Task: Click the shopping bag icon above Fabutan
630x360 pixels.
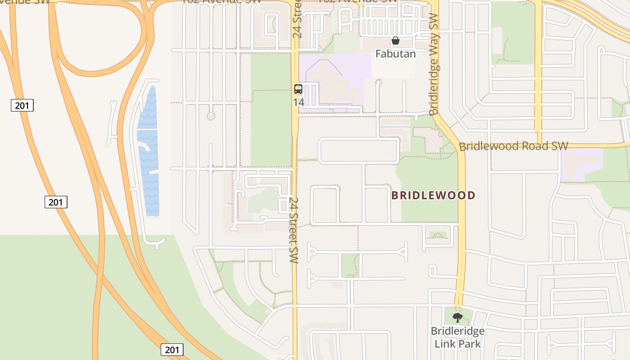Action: point(396,41)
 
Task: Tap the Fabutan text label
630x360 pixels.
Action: point(396,54)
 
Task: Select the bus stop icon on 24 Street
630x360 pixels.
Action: point(298,89)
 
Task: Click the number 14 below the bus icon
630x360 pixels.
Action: point(298,102)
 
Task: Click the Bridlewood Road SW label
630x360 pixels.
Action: point(513,146)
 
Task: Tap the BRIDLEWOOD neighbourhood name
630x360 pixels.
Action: point(433,195)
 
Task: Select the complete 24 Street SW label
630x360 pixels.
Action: point(294,230)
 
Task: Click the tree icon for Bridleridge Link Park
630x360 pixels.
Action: point(458,317)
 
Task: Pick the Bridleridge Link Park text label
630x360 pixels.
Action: point(458,337)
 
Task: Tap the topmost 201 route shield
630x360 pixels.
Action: point(22,106)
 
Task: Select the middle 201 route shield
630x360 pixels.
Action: point(56,202)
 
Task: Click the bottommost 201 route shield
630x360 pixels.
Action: point(172,350)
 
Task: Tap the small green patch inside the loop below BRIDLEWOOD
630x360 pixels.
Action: point(437,235)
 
